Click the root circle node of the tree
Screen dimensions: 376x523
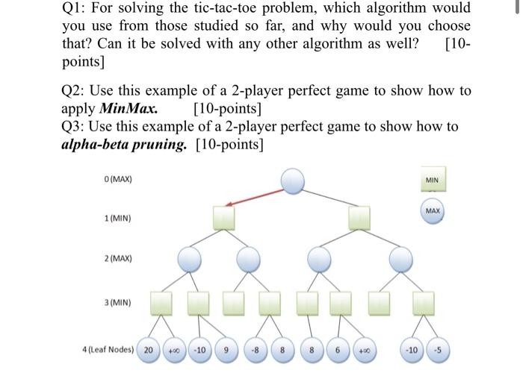pos(293,180)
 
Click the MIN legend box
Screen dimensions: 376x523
pos(433,180)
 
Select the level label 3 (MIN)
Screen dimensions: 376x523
pos(118,303)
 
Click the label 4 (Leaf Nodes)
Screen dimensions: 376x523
pos(109,350)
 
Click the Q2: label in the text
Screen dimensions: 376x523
pos(75,90)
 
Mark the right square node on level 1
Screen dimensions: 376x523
pos(360,217)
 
